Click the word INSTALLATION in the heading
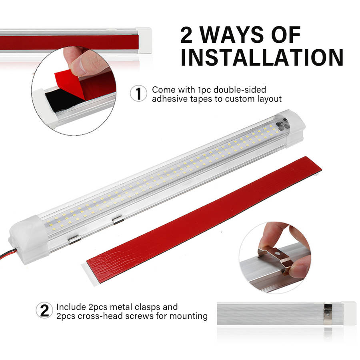(262, 57)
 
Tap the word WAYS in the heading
(232, 35)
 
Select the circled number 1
(138, 93)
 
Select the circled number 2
(44, 310)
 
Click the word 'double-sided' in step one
(240, 90)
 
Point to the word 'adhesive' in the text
(170, 99)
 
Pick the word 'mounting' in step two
(188, 316)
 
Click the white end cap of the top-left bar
(144, 40)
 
